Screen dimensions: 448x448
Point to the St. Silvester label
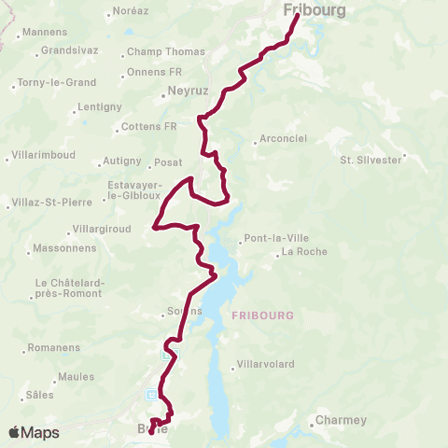click(371, 160)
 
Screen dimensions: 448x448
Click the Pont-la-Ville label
click(274, 237)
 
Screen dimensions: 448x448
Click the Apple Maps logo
click(34, 433)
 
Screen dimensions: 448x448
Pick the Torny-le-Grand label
click(55, 82)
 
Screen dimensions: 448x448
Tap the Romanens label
click(55, 348)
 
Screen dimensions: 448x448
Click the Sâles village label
click(40, 395)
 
